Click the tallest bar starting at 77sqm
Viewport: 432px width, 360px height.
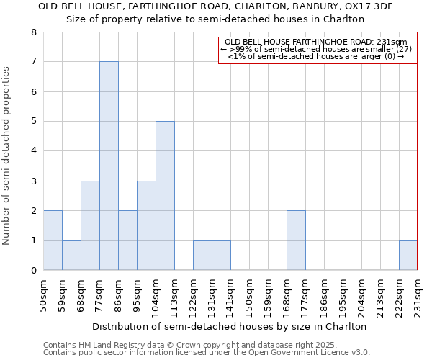pos(109,166)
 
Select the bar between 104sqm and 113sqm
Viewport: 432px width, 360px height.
pos(165,195)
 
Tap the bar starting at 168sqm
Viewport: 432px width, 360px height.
pos(296,240)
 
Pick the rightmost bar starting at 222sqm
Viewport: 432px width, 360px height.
pos(408,255)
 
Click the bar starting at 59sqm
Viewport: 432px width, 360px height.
pos(71,255)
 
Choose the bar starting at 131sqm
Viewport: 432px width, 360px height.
pos(221,255)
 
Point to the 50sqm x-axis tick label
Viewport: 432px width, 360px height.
pos(44,295)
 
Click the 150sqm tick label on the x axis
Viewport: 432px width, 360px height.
pos(250,295)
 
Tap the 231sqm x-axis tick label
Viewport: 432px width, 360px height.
pos(418,295)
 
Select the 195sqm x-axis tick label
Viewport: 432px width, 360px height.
pos(343,295)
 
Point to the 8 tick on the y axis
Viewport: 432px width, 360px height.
pos(33,32)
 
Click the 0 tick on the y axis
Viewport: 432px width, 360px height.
pos(33,271)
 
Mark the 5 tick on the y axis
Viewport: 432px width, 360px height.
pos(33,122)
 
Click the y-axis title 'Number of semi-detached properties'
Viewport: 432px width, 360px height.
pos(6,156)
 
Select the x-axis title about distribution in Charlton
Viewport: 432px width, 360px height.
pos(230,326)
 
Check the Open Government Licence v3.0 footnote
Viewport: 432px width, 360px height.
pos(207,353)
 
